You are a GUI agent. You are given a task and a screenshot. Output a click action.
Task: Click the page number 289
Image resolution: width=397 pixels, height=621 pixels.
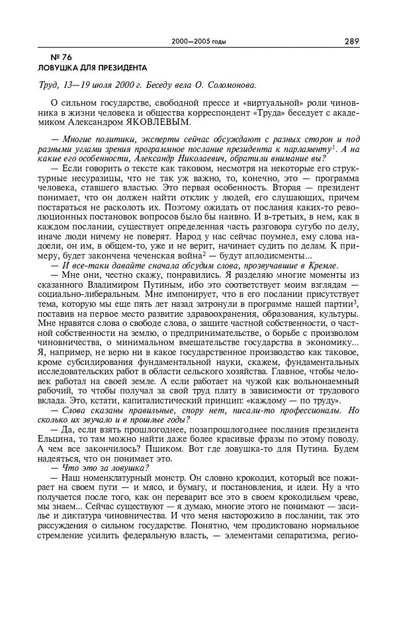[x=351, y=42]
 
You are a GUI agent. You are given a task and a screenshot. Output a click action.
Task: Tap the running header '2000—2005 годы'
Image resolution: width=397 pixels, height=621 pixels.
[x=198, y=42]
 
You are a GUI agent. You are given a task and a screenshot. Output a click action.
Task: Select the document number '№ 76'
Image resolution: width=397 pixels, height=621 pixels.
[x=51, y=58]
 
